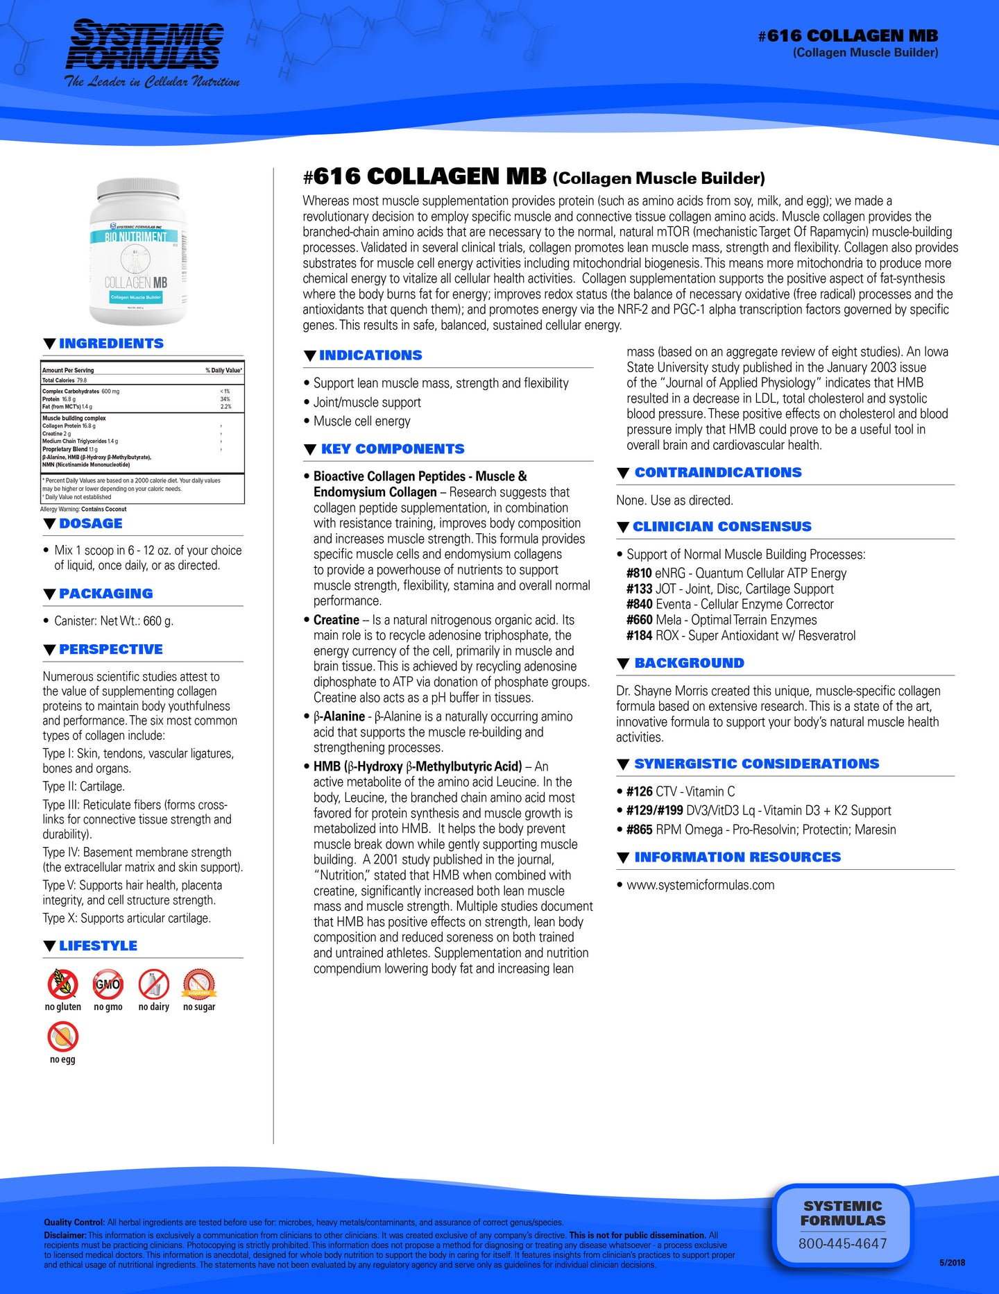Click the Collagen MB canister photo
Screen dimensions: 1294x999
tap(138, 252)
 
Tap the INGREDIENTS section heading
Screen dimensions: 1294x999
tap(111, 344)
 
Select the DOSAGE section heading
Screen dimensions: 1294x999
tap(90, 523)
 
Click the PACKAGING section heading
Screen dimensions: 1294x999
tap(105, 594)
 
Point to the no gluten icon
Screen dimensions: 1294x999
tap(63, 984)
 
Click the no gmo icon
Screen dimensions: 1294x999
tap(108, 984)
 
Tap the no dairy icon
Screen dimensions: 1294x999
tap(153, 984)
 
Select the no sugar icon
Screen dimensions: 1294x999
tap(199, 984)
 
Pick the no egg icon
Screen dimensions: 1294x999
tap(63, 1036)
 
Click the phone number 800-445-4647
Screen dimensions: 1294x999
tap(842, 1243)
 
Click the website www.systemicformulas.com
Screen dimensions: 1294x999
tap(700, 885)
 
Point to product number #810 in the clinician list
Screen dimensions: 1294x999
tap(639, 573)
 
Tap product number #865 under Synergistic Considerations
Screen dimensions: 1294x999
tap(639, 830)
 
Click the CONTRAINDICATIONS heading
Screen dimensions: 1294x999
tap(717, 473)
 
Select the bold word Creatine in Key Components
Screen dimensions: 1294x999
tap(336, 620)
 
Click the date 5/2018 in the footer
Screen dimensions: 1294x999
tap(952, 1263)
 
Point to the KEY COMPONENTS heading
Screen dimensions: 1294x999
tap(393, 449)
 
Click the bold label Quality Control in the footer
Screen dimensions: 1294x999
tap(74, 1222)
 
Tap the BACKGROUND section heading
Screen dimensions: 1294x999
tap(689, 663)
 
